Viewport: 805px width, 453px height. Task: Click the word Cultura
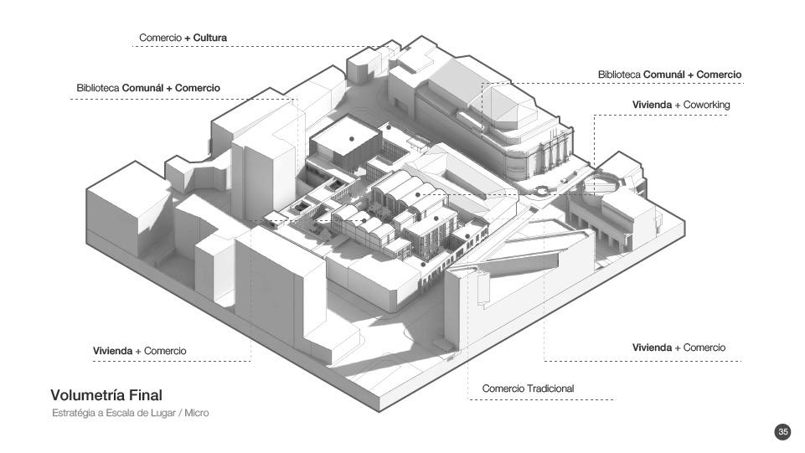[x=210, y=38]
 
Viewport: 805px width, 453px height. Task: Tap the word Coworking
[x=707, y=105]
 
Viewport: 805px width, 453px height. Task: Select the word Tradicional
[x=550, y=389]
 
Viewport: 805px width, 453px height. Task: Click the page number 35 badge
[x=782, y=432]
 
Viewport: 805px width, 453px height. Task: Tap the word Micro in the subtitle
[x=196, y=414]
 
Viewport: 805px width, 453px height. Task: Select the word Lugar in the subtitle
[x=161, y=414]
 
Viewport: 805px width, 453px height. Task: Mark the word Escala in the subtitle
[x=118, y=414]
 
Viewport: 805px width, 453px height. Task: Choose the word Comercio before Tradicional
[x=503, y=389]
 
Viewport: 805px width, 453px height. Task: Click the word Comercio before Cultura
[x=160, y=38]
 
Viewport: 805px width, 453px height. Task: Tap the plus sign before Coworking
[x=679, y=105]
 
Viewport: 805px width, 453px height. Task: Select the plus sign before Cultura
[x=188, y=38]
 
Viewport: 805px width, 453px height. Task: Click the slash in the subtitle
[x=179, y=414]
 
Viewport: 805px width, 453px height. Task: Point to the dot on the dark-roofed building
[x=352, y=138]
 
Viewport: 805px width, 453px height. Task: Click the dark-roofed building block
[x=339, y=147]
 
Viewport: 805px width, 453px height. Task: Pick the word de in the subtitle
[x=141, y=414]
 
